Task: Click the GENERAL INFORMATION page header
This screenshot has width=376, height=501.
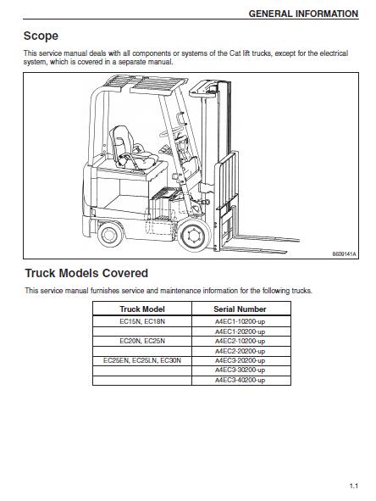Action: click(303, 14)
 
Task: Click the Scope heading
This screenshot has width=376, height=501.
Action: click(41, 36)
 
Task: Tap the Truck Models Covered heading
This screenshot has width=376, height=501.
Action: click(86, 273)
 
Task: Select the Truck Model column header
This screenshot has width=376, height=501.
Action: click(142, 309)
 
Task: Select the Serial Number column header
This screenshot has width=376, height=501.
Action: click(240, 309)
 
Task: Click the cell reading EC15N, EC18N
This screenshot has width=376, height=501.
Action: click(142, 321)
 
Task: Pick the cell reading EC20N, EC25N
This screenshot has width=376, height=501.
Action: click(142, 341)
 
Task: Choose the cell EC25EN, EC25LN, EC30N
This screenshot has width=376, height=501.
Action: click(142, 360)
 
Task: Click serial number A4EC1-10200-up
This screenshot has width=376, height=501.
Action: click(240, 321)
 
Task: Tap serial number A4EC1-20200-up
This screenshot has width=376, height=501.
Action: click(240, 331)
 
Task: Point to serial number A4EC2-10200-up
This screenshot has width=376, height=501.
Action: click(240, 341)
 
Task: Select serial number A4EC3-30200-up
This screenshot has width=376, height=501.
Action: click(240, 370)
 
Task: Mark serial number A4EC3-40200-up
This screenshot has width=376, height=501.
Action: click(240, 380)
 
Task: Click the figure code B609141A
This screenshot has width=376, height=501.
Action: click(344, 254)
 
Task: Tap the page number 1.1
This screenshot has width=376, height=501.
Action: click(354, 486)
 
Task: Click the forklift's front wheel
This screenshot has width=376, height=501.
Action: click(193, 236)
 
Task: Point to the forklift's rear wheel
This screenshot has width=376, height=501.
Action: click(110, 235)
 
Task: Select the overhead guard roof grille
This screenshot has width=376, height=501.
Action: click(145, 84)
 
